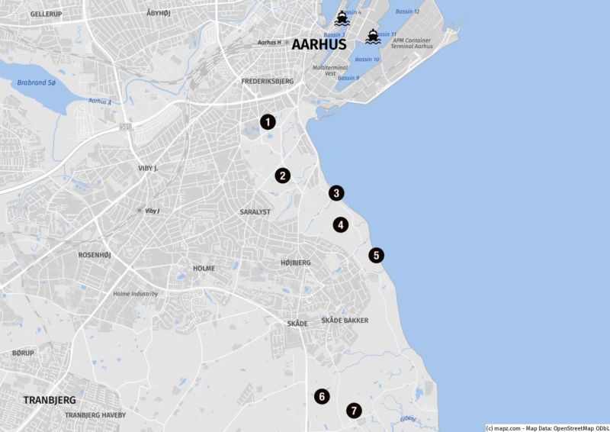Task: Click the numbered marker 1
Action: [x=267, y=121]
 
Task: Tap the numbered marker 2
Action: [x=283, y=176]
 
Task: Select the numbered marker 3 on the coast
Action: [x=336, y=193]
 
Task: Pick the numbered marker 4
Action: [x=341, y=225]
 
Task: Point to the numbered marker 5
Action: [x=377, y=256]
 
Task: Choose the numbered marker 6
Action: [x=323, y=396]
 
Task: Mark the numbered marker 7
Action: [x=354, y=411]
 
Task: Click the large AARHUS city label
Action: [x=319, y=44]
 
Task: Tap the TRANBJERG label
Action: [x=50, y=400]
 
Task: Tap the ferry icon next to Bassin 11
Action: [x=373, y=35]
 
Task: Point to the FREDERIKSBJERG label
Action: [x=267, y=81]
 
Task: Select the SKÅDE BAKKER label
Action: [x=345, y=320]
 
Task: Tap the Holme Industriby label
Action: [x=135, y=294]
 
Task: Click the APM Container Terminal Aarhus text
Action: [x=413, y=43]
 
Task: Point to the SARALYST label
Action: [x=255, y=212]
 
